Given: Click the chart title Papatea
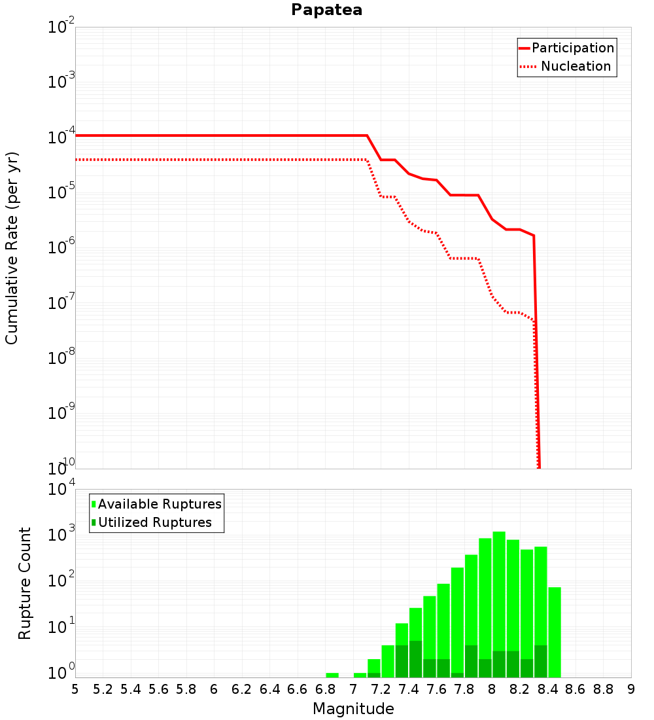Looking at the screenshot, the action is [x=326, y=10].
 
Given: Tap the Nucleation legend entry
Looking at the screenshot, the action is [x=566, y=66].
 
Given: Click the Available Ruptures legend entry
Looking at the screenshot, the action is [x=156, y=504].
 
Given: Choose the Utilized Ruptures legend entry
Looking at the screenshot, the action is [x=152, y=522].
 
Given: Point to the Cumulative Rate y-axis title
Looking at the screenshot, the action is [x=12, y=248].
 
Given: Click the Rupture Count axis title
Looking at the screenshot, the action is [x=24, y=583].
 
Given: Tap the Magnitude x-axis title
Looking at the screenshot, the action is [x=353, y=709].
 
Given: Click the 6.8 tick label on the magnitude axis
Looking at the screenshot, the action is [x=325, y=689].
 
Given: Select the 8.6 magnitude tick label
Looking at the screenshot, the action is [x=575, y=689].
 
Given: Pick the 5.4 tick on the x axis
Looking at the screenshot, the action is [x=130, y=689].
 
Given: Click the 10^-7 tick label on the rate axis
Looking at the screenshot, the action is [x=61, y=302].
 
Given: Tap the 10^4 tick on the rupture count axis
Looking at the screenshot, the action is [x=61, y=488].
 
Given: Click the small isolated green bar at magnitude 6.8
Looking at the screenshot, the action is [x=332, y=675].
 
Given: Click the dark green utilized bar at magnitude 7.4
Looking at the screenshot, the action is [x=415, y=659].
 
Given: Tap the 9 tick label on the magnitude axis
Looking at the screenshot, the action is [x=631, y=689].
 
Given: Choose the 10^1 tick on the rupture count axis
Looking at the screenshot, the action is [x=61, y=625].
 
